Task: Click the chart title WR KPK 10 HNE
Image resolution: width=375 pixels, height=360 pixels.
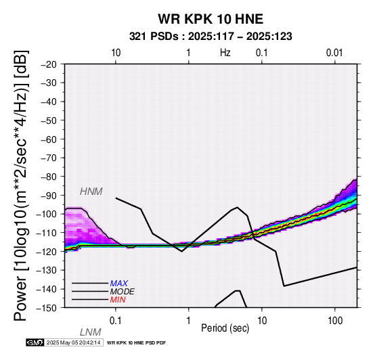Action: coord(211,19)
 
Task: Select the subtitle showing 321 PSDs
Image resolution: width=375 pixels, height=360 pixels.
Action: coord(211,37)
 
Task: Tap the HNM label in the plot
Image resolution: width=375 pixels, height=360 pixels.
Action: coord(91,192)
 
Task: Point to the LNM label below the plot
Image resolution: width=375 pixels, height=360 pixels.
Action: coord(91,332)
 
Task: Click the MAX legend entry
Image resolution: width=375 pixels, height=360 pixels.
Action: coord(119,284)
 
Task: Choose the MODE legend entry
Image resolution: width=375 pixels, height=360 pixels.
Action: coord(123,292)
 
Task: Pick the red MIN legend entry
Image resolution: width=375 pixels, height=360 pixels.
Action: coord(118,300)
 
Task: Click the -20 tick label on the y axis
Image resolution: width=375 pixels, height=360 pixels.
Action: coord(49,64)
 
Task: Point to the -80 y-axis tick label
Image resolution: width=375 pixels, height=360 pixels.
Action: coord(49,177)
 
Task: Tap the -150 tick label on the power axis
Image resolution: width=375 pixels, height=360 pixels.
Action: coord(47,308)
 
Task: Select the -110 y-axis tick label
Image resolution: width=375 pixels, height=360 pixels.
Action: coord(47,233)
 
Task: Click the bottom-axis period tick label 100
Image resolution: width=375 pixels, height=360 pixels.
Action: coord(335,320)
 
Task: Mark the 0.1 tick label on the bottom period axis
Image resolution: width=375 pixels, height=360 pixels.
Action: coord(116,320)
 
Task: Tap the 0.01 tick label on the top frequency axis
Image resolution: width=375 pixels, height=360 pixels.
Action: coord(334,53)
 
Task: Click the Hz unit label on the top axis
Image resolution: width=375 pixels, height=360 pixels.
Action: coord(225,53)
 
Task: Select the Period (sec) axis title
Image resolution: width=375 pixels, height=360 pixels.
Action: coord(225,328)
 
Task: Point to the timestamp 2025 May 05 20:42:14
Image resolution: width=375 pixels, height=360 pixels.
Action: coord(73,342)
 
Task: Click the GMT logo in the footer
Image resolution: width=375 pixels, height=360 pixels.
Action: coord(35,342)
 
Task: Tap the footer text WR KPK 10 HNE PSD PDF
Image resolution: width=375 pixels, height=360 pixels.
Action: coord(136,343)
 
